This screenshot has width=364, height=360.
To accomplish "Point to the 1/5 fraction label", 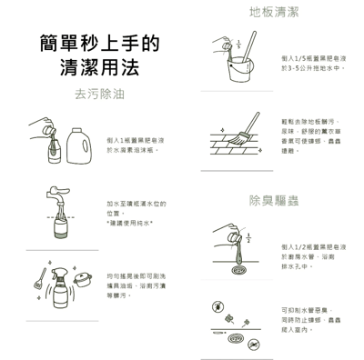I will (x=238, y=42).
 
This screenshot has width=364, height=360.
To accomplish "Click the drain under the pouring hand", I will (x=238, y=269).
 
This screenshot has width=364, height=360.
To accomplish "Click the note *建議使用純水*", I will (x=129, y=223).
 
